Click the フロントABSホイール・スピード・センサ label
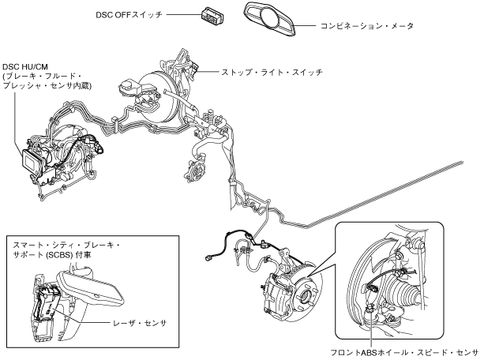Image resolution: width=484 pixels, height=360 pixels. pyautogui.click(x=407, y=352)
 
